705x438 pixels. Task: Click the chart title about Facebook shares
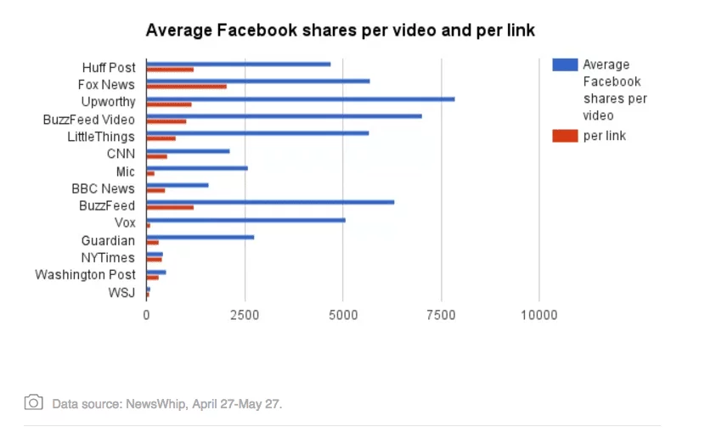(x=341, y=31)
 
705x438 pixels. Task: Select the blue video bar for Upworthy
(x=300, y=98)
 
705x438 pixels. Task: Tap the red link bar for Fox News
(x=186, y=87)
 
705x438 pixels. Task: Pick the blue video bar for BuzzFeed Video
(x=284, y=115)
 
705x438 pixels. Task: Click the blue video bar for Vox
(x=245, y=219)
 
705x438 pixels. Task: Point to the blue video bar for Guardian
(x=200, y=237)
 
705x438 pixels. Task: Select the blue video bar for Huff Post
(x=238, y=64)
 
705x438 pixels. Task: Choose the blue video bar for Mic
(x=196, y=167)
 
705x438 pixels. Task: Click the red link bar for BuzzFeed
(x=170, y=207)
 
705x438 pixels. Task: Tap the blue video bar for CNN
(x=188, y=150)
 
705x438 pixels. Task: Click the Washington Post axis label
(x=85, y=275)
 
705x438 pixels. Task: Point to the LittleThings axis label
(x=101, y=137)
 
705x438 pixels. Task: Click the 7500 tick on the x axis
(x=440, y=316)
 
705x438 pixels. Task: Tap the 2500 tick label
(x=245, y=316)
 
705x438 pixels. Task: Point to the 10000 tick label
(x=539, y=316)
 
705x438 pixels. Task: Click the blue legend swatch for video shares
(x=565, y=65)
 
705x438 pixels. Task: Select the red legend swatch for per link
(x=565, y=136)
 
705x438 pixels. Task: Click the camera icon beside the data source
(x=34, y=402)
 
